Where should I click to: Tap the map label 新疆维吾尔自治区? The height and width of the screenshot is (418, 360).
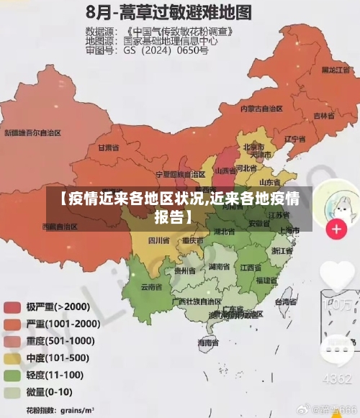pos(33,132)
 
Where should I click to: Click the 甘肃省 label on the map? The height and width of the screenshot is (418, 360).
pos(107,147)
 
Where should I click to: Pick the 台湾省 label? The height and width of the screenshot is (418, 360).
pos(287,301)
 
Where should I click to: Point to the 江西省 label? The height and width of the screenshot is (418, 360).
pos(251,267)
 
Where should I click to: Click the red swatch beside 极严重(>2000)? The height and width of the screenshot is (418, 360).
pos(13,308)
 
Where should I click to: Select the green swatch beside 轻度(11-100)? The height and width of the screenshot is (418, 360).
pos(13,376)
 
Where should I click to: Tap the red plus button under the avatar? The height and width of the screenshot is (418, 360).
pos(336,230)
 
